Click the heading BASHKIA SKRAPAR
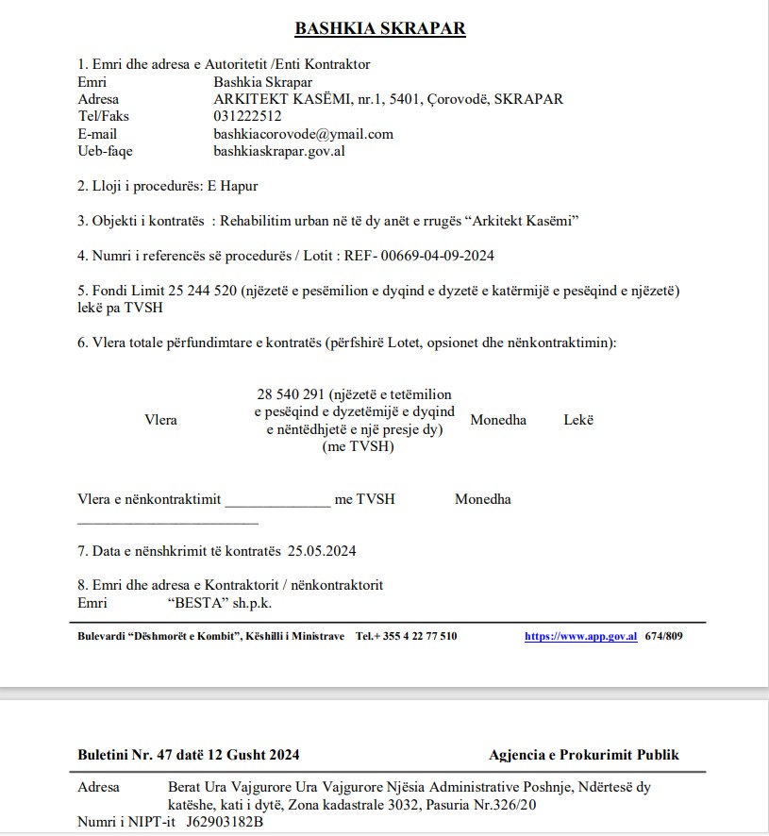click(x=380, y=27)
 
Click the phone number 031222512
click(x=247, y=116)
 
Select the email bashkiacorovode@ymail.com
click(x=303, y=134)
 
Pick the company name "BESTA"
click(x=198, y=603)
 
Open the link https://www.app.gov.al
click(x=580, y=636)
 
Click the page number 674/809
click(x=663, y=636)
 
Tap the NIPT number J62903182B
click(x=225, y=822)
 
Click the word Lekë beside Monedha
click(x=578, y=420)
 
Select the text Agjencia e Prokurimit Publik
click(x=583, y=754)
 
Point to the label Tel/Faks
click(x=103, y=116)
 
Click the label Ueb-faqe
click(x=105, y=151)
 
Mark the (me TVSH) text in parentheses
click(x=358, y=446)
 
